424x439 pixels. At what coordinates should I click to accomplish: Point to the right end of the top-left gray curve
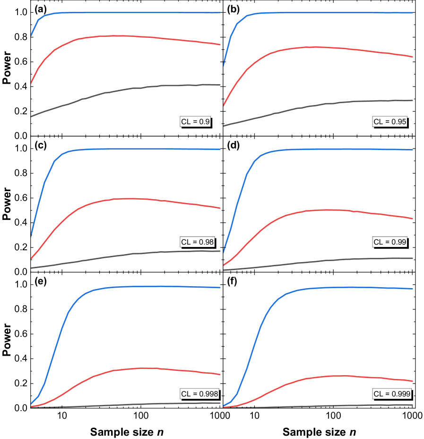click(220, 85)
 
